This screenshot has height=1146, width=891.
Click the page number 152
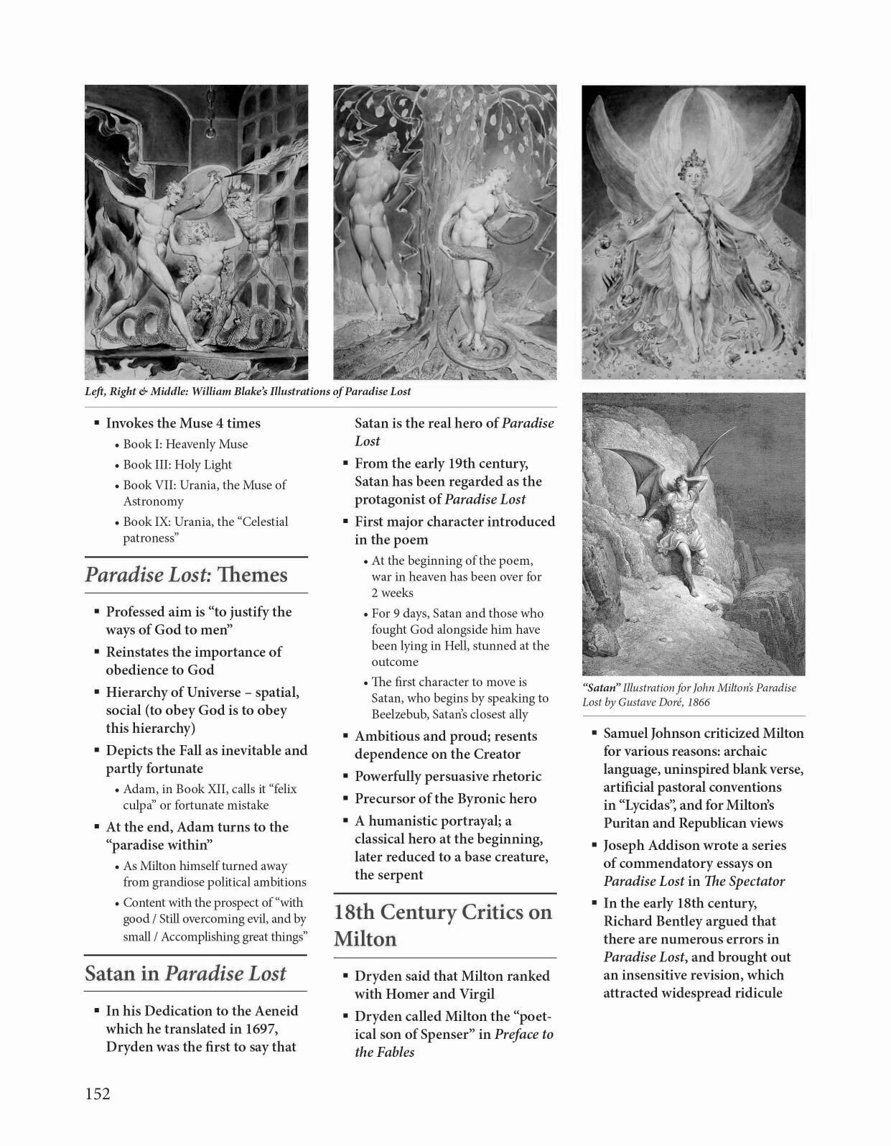pyautogui.click(x=98, y=1094)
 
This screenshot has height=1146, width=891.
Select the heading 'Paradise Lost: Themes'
pyautogui.click(x=186, y=575)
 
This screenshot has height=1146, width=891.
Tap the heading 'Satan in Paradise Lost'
pyautogui.click(x=185, y=974)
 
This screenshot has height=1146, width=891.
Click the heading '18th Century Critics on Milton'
pyautogui.click(x=443, y=925)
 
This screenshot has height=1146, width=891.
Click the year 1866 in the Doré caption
pyautogui.click(x=699, y=702)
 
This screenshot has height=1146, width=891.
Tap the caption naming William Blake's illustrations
pyautogui.click(x=248, y=392)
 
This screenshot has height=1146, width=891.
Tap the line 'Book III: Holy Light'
pyautogui.click(x=177, y=464)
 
